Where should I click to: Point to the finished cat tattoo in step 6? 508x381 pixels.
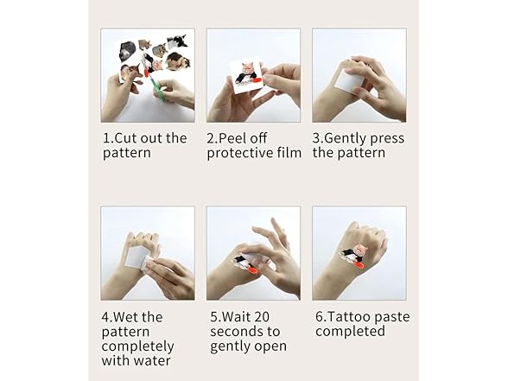(x=352, y=255)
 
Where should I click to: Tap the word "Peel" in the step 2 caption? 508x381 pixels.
(x=231, y=138)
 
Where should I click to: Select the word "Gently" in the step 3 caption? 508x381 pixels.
(x=346, y=139)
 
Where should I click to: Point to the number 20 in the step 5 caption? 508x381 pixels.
(x=262, y=317)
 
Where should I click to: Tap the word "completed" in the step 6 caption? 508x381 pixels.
(x=350, y=332)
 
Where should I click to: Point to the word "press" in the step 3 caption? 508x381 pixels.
(x=387, y=139)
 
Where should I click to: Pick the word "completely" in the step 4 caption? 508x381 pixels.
(x=137, y=347)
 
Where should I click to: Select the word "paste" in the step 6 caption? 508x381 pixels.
(x=391, y=318)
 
